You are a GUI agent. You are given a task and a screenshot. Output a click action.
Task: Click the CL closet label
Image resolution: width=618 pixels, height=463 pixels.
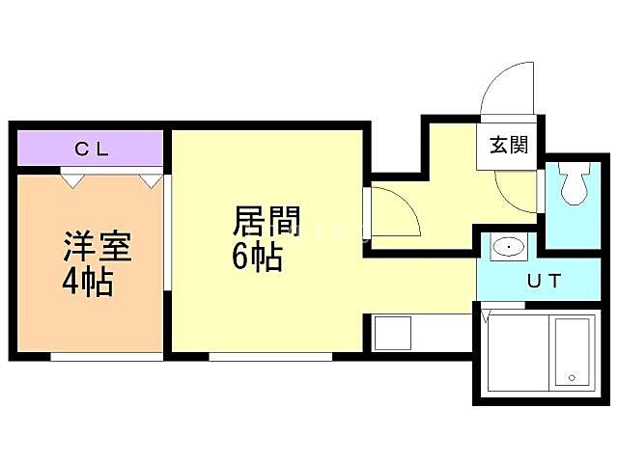[92, 150]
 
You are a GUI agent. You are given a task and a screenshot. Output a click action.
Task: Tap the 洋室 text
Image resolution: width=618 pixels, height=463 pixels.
[97, 246]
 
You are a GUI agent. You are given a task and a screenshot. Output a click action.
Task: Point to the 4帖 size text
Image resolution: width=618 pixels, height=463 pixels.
[88, 284]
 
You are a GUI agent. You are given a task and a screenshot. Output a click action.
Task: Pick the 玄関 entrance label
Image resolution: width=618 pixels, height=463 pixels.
[507, 147]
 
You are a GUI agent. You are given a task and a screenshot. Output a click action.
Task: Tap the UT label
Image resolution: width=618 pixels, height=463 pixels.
[544, 282]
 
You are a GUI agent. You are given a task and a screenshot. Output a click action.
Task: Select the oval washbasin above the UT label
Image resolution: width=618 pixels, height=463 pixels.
[507, 249]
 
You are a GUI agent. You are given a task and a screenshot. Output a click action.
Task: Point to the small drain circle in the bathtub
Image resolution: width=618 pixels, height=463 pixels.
[571, 377]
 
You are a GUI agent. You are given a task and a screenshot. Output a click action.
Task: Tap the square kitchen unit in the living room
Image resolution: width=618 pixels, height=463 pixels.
[394, 334]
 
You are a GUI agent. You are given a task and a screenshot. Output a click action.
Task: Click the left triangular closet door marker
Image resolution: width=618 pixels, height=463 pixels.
[70, 178]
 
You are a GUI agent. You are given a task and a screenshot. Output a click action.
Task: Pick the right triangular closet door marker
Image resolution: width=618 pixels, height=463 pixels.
[150, 178]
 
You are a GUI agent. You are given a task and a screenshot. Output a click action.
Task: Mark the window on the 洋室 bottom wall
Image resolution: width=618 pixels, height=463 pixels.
[106, 356]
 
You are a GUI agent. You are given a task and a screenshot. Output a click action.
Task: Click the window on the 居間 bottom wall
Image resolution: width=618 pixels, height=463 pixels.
[270, 356]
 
